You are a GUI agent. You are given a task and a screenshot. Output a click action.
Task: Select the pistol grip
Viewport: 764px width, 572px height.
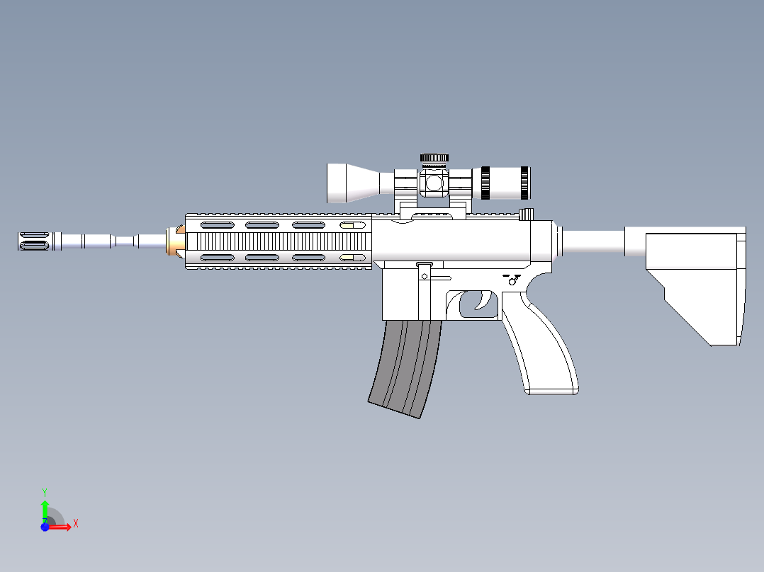point(542,347)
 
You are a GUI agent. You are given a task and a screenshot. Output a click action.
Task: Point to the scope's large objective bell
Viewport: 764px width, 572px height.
point(347,183)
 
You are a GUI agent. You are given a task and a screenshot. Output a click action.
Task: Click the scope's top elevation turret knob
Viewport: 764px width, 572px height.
point(434,158)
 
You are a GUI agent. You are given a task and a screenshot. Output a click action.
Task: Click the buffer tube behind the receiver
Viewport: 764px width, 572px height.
point(592,241)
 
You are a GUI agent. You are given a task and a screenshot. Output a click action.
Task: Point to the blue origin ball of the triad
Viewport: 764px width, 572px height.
point(45,527)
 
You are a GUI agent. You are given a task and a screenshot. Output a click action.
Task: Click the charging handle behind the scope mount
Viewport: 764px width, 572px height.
point(526,214)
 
